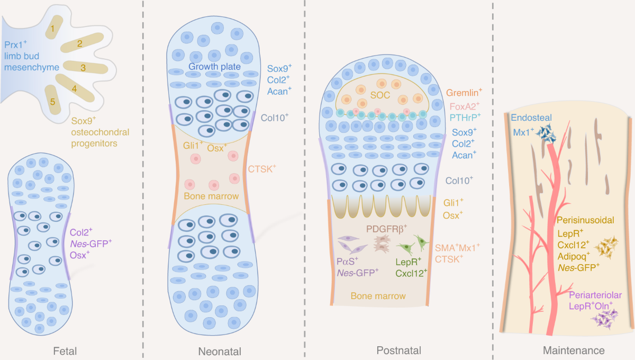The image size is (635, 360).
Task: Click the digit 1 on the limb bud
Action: (53, 26)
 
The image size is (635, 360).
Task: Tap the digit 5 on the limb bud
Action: (52, 101)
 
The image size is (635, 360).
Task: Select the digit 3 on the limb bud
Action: (83, 68)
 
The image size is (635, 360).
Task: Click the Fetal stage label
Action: (65, 350)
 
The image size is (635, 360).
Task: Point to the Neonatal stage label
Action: (220, 351)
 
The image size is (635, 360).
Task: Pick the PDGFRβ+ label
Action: (387, 229)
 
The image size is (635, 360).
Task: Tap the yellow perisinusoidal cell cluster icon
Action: (607, 247)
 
